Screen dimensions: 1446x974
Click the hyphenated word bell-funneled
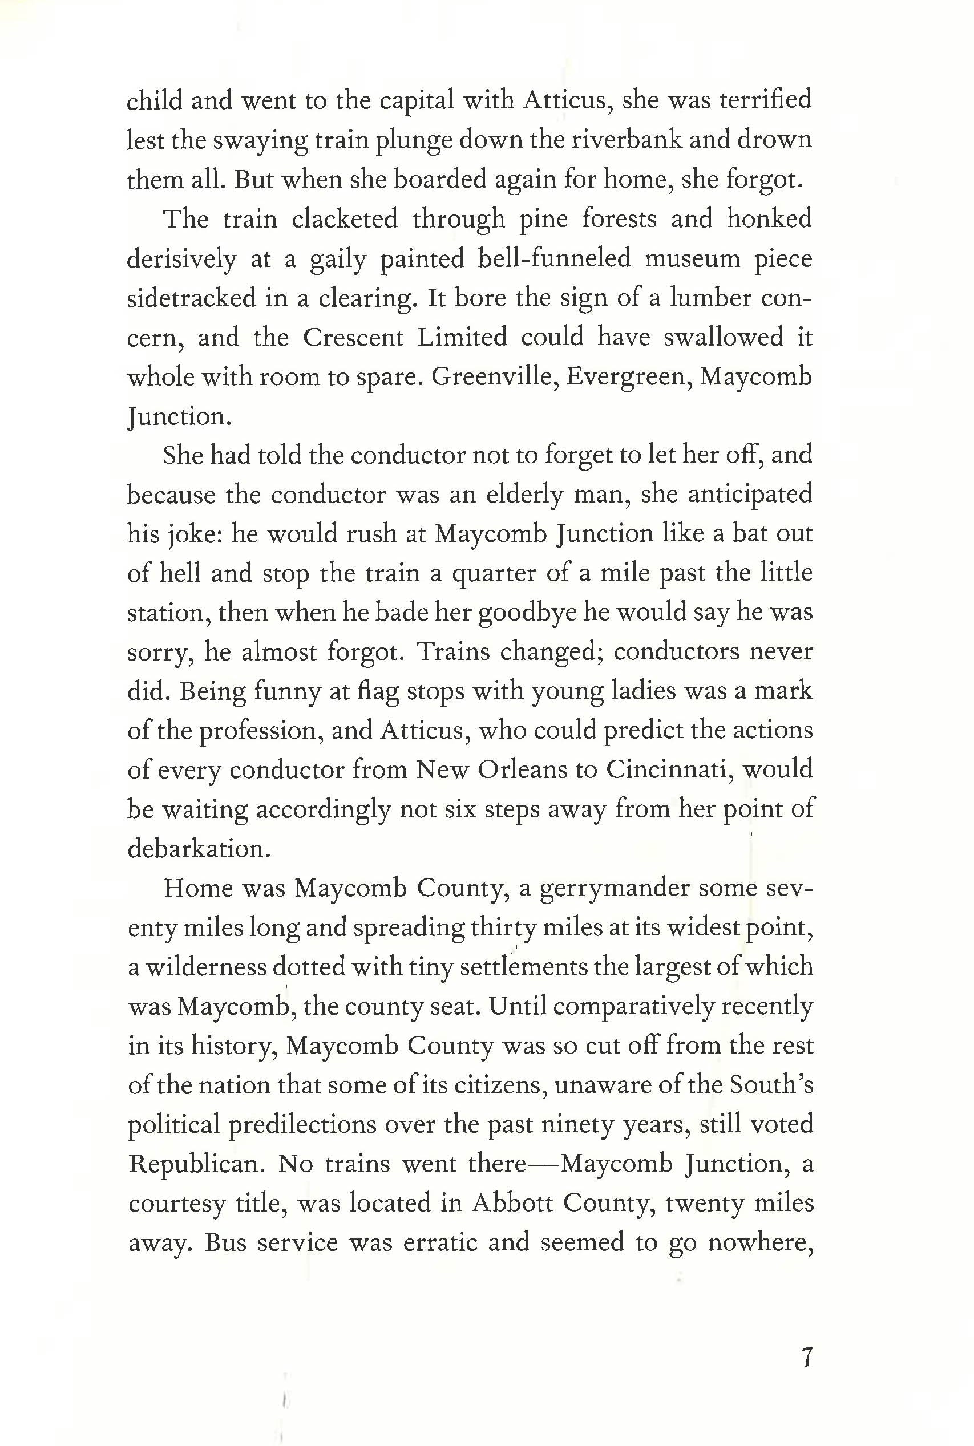[554, 258]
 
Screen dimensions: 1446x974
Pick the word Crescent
[352, 338]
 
